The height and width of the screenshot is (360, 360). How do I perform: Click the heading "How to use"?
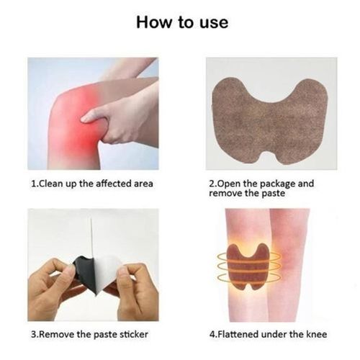coord(182,22)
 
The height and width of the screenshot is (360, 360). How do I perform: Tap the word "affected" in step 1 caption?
coord(112,184)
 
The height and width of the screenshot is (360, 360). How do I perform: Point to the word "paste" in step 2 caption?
coord(274,194)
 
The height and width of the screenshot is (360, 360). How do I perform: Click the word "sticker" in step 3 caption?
coord(134,334)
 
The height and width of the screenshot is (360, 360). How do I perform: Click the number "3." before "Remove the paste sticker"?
coord(35,334)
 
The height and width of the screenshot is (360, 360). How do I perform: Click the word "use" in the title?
coord(214,23)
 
